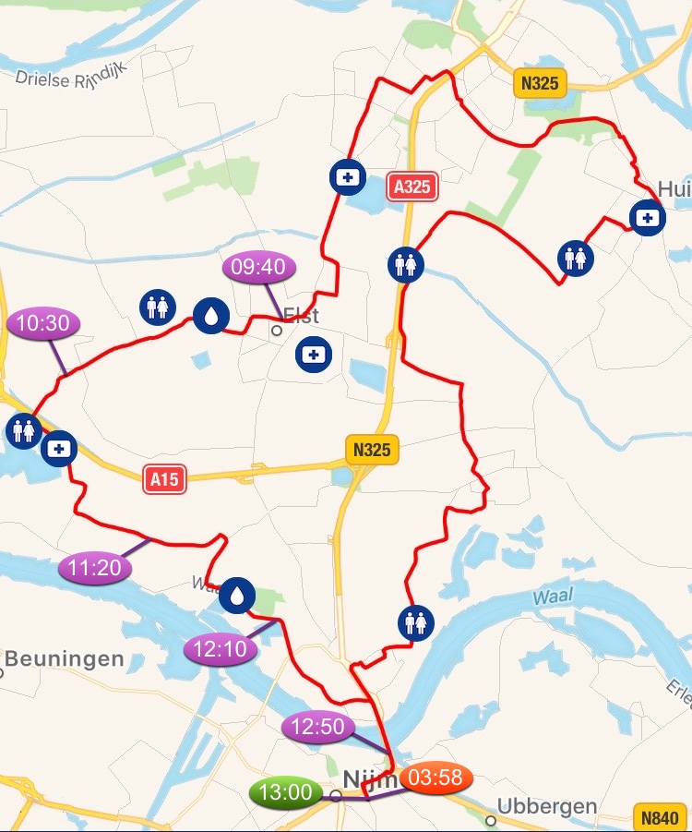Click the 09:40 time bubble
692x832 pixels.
[259, 268]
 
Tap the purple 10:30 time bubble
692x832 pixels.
[43, 323]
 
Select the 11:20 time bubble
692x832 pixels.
[95, 568]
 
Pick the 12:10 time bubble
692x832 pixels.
[221, 649]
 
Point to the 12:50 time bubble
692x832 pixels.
[317, 727]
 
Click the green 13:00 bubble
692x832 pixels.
[286, 792]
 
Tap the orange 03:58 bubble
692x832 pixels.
[435, 778]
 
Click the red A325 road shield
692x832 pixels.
[412, 187]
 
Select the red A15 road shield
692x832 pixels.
[165, 479]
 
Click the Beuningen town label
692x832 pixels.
[65, 659]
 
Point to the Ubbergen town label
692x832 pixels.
[547, 806]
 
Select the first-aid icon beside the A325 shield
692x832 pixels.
[347, 176]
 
